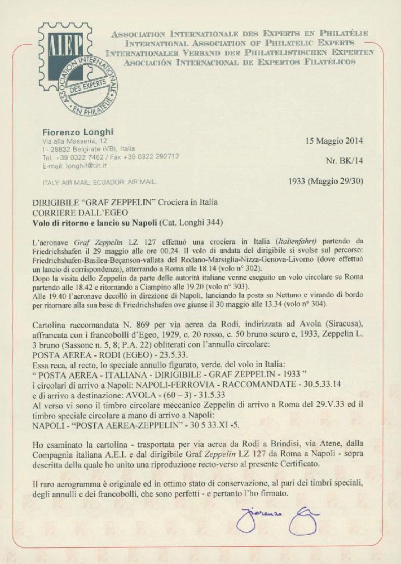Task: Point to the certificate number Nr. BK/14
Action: [x=345, y=161]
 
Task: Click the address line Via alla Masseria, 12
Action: [x=74, y=140]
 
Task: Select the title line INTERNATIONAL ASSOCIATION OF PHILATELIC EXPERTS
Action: [x=240, y=43]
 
